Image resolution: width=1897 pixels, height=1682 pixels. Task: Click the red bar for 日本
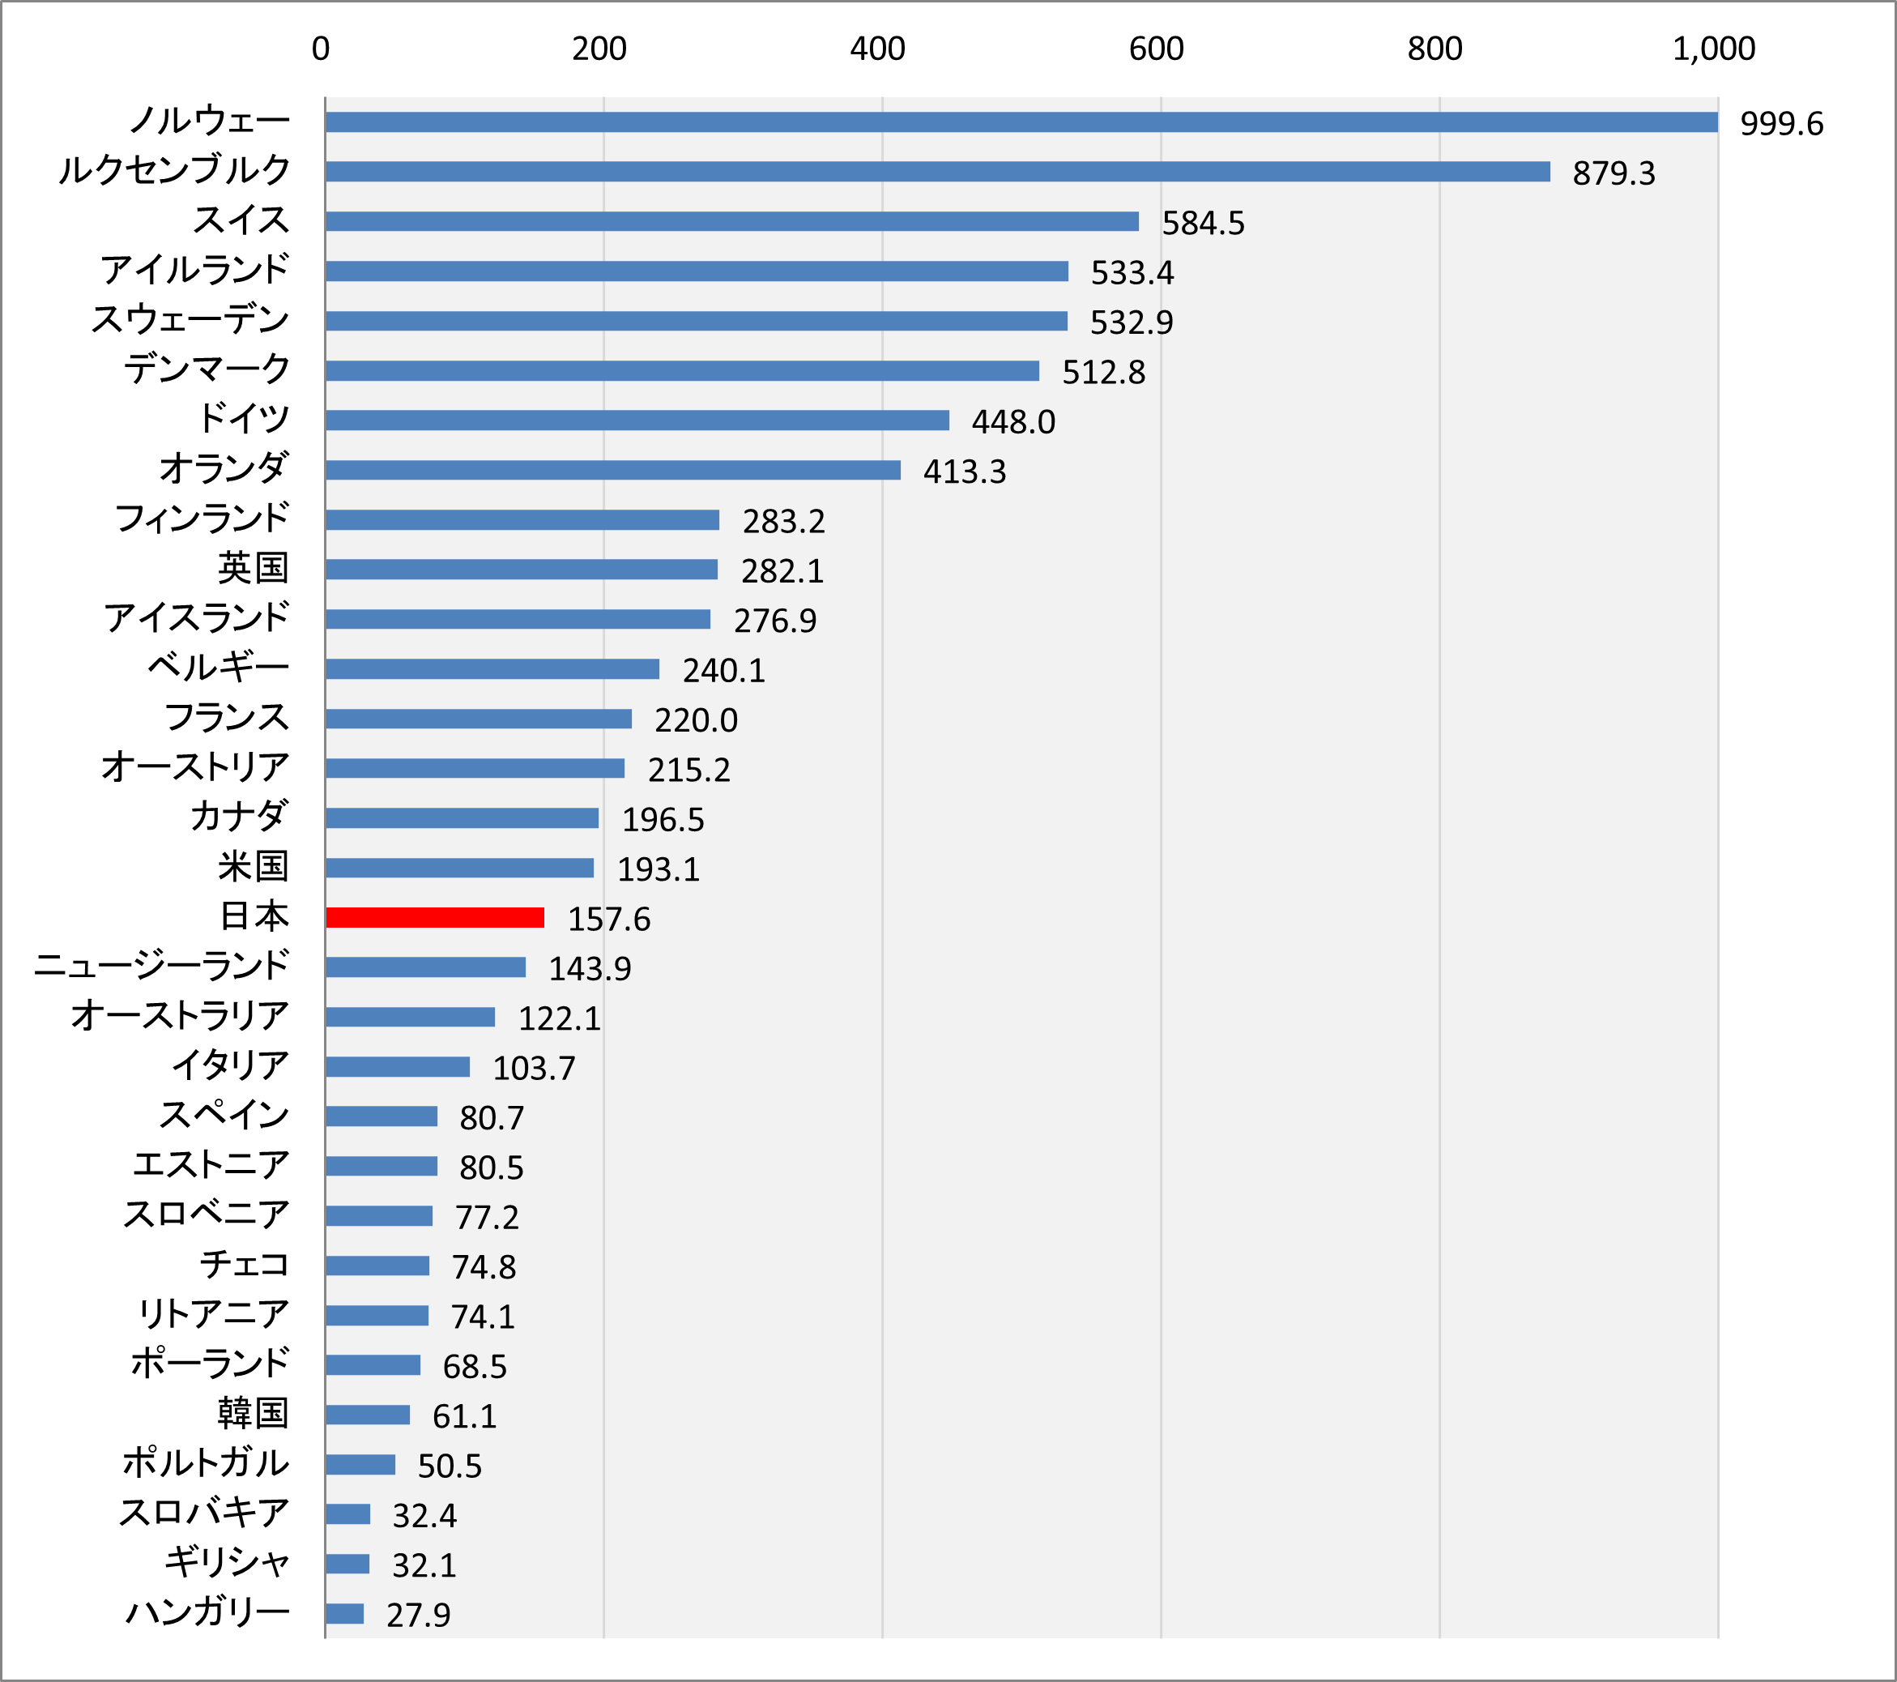pos(434,917)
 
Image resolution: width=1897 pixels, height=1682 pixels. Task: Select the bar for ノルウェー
pos(1021,122)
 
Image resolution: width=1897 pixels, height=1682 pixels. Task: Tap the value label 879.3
pos(1613,173)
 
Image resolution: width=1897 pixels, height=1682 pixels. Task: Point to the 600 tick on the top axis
pos(1156,49)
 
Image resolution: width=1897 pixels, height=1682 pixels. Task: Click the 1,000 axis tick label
pos(1713,49)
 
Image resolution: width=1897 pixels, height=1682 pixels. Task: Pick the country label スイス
pos(241,220)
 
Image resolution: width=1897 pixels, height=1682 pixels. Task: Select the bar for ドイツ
pos(637,420)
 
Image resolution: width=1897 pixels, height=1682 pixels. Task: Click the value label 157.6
pos(609,919)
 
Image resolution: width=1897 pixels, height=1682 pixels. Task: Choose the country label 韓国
pos(253,1413)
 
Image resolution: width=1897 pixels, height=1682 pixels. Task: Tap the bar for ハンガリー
pos(344,1613)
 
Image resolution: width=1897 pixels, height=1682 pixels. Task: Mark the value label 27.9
pos(418,1616)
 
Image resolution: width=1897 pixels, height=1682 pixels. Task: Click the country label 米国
pos(253,866)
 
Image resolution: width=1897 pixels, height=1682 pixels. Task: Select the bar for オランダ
pos(612,470)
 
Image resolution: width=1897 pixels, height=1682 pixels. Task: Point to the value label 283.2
pos(783,522)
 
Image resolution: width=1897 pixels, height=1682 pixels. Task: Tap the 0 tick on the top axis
pos(320,49)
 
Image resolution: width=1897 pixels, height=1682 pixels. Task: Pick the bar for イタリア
pos(397,1066)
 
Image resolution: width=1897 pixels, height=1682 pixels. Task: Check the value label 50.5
pos(450,1466)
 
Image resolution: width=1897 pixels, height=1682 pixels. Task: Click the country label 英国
pos(253,568)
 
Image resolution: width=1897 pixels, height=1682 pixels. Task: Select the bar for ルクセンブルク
pos(937,172)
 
